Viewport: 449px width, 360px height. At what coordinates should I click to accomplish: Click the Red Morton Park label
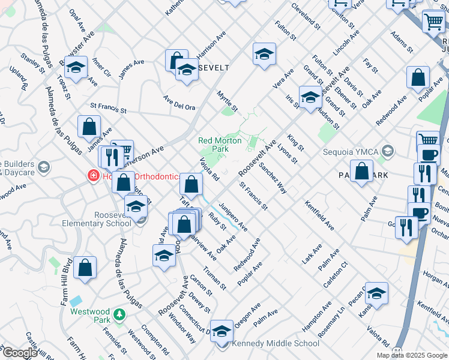click(x=220, y=144)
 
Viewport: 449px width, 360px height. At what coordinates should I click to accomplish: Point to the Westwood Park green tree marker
click(x=119, y=314)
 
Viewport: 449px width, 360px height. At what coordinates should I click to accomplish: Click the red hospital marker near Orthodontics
click(x=93, y=176)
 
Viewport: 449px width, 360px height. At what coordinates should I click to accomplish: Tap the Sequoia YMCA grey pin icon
click(x=388, y=151)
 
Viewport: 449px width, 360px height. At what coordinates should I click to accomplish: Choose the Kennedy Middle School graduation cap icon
click(x=221, y=332)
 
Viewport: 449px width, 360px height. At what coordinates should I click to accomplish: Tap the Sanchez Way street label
click(x=273, y=178)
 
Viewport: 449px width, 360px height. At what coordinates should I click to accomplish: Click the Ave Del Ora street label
click(x=179, y=103)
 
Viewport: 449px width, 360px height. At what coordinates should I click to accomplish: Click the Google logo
click(x=19, y=353)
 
